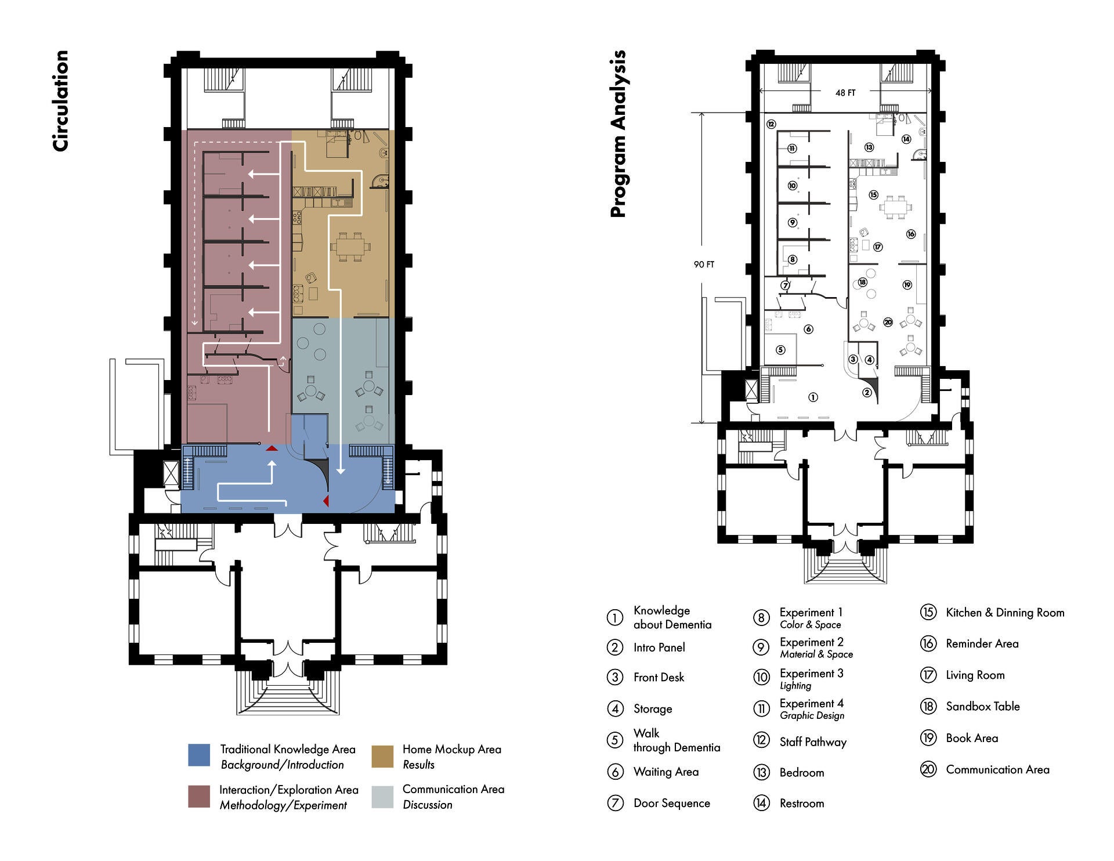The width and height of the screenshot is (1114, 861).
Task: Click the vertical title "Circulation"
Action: (x=60, y=101)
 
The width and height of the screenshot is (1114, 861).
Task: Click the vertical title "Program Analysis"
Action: (x=619, y=134)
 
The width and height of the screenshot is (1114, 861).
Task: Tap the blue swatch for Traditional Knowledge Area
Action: (x=199, y=755)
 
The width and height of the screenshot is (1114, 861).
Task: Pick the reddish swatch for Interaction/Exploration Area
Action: (x=199, y=797)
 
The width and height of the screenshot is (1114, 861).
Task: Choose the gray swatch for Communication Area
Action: (x=382, y=797)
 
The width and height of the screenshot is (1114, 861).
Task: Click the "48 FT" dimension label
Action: (x=845, y=93)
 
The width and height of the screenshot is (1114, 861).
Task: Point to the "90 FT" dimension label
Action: (x=704, y=265)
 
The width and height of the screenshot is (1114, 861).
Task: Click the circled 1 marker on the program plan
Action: (x=813, y=397)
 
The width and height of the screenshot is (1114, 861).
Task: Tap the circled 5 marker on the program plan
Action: (x=780, y=350)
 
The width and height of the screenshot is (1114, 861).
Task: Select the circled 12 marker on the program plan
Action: (x=771, y=124)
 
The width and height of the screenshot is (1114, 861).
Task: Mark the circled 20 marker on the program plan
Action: (x=888, y=322)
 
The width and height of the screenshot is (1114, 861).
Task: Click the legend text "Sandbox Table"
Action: (x=983, y=707)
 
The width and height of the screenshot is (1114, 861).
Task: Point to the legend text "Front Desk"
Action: (x=659, y=678)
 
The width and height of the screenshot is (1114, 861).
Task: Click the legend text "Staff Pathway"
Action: (x=813, y=742)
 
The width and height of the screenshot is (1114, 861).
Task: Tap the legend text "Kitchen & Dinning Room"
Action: (x=1005, y=613)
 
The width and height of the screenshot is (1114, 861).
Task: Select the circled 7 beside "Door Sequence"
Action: (x=615, y=803)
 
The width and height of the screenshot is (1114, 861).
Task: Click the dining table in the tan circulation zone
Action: (x=350, y=245)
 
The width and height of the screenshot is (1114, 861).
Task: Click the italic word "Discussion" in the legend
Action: (x=428, y=805)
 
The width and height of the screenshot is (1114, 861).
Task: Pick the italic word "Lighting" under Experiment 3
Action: (x=795, y=686)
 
